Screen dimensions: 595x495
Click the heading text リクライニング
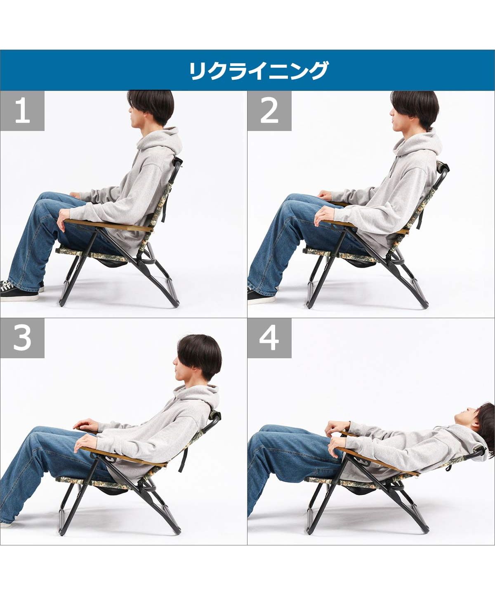[x=259, y=71]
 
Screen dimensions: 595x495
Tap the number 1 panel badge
[x=22, y=111]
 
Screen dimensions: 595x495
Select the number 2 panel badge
[x=269, y=111]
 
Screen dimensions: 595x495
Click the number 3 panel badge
[x=22, y=338]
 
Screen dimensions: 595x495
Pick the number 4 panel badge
[x=269, y=338]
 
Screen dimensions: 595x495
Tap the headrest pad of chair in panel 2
[x=444, y=167]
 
